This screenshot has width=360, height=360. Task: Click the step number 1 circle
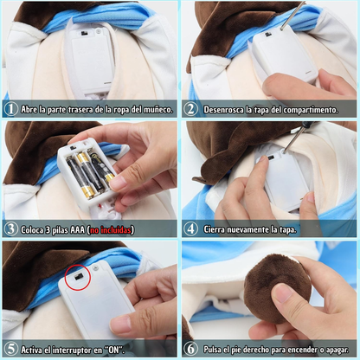point(10,110)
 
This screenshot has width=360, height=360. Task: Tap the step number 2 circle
point(190,110)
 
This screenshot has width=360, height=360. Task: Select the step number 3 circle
point(10,229)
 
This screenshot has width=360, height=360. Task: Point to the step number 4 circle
point(190,229)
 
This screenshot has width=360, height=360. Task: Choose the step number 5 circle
point(10,349)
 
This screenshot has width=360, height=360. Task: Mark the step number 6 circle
point(190,349)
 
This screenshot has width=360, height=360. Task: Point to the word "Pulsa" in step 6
point(215,350)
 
